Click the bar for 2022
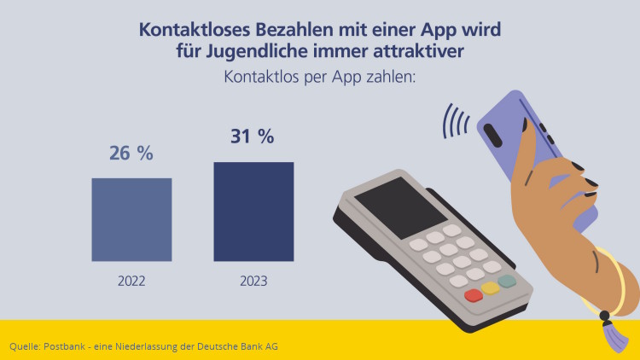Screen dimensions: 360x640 [131, 219]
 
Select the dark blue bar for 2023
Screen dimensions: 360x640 [253, 212]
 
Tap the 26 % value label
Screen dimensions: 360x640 [131, 154]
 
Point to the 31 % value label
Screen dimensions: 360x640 [253, 136]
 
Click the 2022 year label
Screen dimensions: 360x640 [131, 280]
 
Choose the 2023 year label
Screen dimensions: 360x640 [253, 280]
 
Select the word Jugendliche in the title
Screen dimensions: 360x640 [261, 51]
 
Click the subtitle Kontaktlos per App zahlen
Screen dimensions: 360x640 [319, 78]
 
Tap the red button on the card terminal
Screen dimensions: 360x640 [473, 296]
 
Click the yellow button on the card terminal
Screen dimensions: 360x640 [491, 288]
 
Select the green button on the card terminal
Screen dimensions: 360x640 [507, 281]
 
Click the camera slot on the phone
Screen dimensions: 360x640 [494, 135]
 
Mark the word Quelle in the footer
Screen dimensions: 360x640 [24, 346]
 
